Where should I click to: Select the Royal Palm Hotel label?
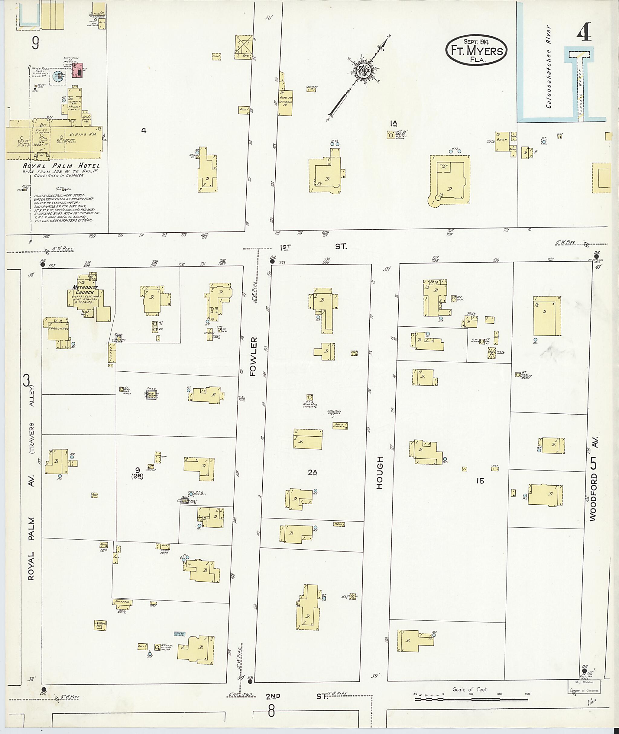point(61,166)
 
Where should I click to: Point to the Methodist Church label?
point(83,290)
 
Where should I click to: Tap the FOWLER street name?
point(253,357)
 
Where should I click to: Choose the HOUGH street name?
point(379,473)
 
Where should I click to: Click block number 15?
point(480,481)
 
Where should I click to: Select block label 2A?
point(312,473)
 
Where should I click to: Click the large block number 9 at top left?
point(35,43)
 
